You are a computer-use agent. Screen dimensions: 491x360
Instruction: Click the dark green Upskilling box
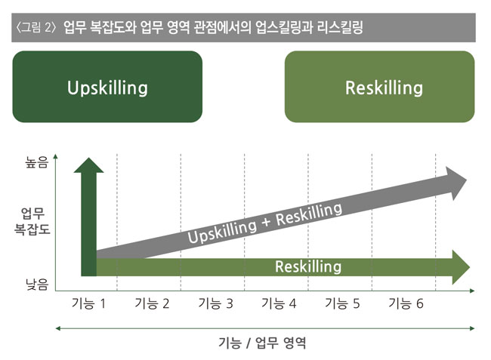(107, 87)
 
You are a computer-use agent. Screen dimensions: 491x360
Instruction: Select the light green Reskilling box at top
(379, 87)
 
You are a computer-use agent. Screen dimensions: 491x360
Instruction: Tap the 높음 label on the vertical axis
(37, 162)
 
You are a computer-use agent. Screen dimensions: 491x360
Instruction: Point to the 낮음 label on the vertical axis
(37, 285)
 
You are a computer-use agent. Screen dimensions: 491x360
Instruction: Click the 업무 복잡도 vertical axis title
(32, 221)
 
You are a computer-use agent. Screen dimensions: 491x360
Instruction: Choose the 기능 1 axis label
(88, 303)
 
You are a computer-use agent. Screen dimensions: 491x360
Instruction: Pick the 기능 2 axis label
(152, 303)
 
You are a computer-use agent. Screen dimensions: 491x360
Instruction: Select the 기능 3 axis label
(216, 303)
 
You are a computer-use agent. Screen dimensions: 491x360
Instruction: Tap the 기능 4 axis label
(279, 303)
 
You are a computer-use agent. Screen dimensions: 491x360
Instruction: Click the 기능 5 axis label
(343, 303)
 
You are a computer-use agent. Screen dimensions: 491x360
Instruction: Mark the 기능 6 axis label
(406, 303)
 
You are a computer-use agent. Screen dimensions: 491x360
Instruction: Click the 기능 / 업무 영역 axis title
(262, 343)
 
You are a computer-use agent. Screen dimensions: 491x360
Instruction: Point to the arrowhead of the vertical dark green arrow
(88, 165)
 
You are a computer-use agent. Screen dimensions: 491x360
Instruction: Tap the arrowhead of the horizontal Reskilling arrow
(461, 267)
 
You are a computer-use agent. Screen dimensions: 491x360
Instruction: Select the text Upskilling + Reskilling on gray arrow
(265, 223)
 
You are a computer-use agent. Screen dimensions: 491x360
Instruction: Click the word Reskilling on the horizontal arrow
(308, 267)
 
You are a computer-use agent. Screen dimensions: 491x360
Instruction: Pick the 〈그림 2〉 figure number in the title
(36, 27)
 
